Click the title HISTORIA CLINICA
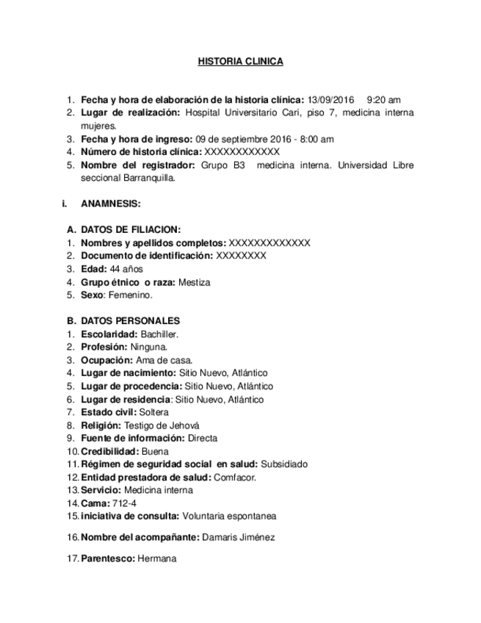pyautogui.click(x=240, y=62)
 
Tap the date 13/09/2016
pyautogui.click(x=331, y=100)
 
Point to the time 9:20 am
pyautogui.click(x=383, y=100)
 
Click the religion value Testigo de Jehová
pyautogui.click(x=162, y=425)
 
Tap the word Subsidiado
pyautogui.click(x=284, y=464)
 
